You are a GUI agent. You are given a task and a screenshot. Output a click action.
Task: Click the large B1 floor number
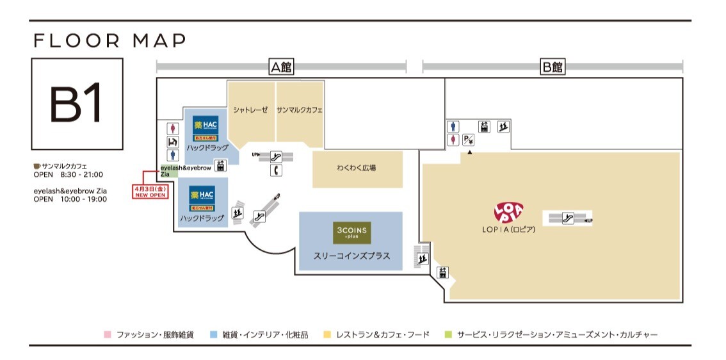pyautogui.click(x=77, y=104)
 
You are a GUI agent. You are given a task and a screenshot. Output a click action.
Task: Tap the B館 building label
pyautogui.click(x=552, y=67)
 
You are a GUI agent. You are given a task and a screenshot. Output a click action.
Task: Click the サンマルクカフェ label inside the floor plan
pyautogui.click(x=300, y=110)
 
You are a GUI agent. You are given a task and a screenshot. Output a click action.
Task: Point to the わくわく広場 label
pyautogui.click(x=357, y=168)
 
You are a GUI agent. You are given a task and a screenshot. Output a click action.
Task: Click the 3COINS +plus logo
pyautogui.click(x=351, y=232)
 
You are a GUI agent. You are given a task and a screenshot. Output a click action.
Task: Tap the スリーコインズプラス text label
pyautogui.click(x=351, y=256)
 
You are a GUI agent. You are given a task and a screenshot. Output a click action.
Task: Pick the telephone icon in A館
pyautogui.click(x=277, y=170)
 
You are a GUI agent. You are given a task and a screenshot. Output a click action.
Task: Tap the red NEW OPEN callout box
pyautogui.click(x=150, y=192)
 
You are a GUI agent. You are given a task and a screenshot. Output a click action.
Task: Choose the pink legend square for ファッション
pyautogui.click(x=108, y=334)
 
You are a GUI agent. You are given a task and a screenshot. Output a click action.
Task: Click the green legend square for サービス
pyautogui.click(x=448, y=334)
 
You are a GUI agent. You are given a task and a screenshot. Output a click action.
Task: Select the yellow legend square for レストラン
pyautogui.click(x=328, y=334)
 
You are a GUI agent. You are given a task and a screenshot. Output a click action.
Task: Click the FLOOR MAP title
pyautogui.click(x=109, y=41)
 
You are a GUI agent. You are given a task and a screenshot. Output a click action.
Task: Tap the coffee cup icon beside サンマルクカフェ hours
pyautogui.click(x=36, y=166)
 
